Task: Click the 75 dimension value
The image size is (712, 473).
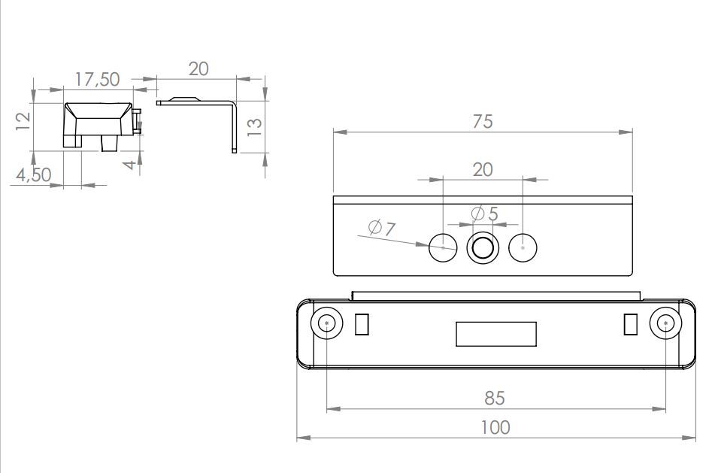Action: tap(483, 122)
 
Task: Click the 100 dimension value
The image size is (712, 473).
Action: tap(495, 428)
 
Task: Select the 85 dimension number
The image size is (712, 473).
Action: tap(495, 398)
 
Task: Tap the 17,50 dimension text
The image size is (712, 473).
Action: tap(97, 79)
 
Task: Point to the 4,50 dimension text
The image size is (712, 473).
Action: tap(34, 175)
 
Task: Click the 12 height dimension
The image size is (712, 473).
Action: tap(23, 121)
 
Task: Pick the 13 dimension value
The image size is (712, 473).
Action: tap(255, 127)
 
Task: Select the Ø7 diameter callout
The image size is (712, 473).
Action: tap(382, 228)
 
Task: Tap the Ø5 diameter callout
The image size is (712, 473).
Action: tap(484, 213)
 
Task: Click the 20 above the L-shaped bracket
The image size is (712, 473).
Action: tap(198, 69)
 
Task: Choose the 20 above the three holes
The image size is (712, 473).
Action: tap(483, 170)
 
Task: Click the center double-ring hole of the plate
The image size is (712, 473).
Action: tap(483, 248)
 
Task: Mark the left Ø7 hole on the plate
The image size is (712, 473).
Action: tap(443, 248)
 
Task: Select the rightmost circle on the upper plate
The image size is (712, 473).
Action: tap(523, 248)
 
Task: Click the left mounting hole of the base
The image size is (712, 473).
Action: tap(327, 323)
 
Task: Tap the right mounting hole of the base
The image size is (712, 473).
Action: tap(665, 323)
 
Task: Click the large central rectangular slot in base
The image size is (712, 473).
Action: tap(496, 334)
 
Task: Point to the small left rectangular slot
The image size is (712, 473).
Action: tap(362, 324)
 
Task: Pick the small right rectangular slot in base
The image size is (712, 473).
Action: tap(631, 324)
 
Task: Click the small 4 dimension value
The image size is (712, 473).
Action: tap(130, 164)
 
